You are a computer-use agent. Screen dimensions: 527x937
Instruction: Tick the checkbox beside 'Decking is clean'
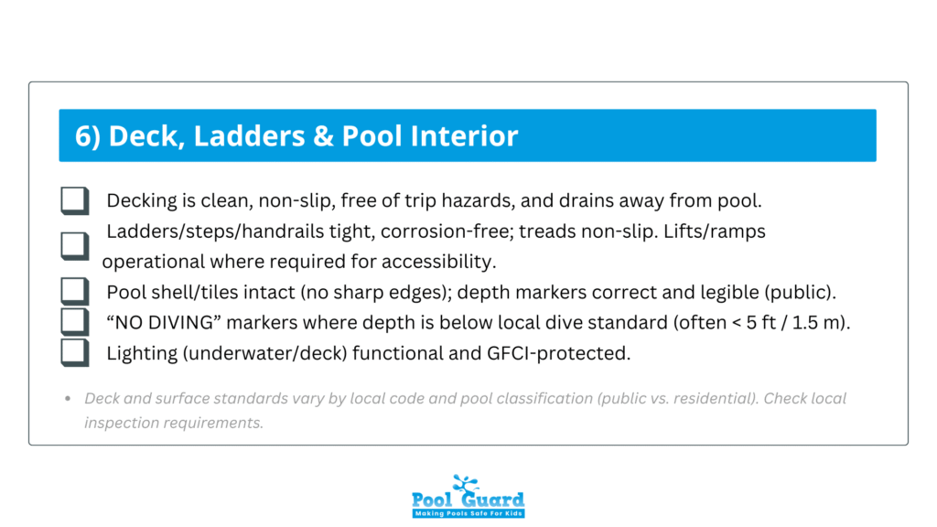[x=75, y=200]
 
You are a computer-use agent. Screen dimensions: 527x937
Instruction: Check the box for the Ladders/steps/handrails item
[x=75, y=245]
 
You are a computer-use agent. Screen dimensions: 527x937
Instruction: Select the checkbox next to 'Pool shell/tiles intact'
[x=75, y=292]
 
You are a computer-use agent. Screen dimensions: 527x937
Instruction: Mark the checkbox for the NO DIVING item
[x=75, y=322]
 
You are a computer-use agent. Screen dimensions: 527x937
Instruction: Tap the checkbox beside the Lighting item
[x=75, y=352]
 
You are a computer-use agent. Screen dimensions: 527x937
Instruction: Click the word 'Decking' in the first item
[x=138, y=201]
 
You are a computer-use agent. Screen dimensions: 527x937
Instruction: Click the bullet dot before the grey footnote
[x=69, y=400]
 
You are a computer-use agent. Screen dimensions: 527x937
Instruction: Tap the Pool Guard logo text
[x=468, y=500]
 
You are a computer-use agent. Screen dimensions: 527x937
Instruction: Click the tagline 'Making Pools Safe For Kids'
[x=468, y=513]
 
